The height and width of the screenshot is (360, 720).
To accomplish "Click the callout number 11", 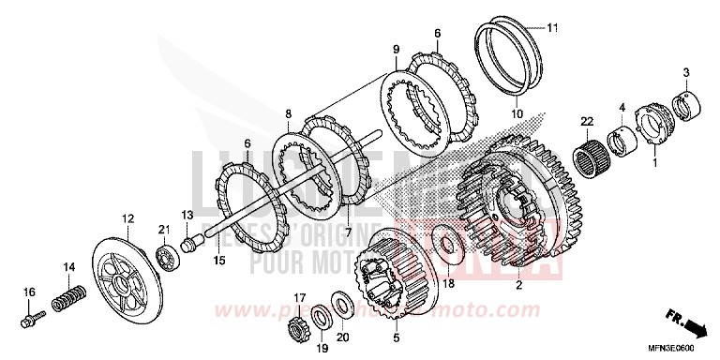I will click(x=552, y=27).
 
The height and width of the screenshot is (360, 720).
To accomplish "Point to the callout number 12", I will click(x=127, y=218).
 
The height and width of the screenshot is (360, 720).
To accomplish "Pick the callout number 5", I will click(x=396, y=338).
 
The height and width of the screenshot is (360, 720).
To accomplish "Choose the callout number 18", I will click(x=448, y=283).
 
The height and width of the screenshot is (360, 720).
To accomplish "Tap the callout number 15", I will click(x=218, y=260).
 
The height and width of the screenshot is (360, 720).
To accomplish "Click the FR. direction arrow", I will click(x=691, y=327).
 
